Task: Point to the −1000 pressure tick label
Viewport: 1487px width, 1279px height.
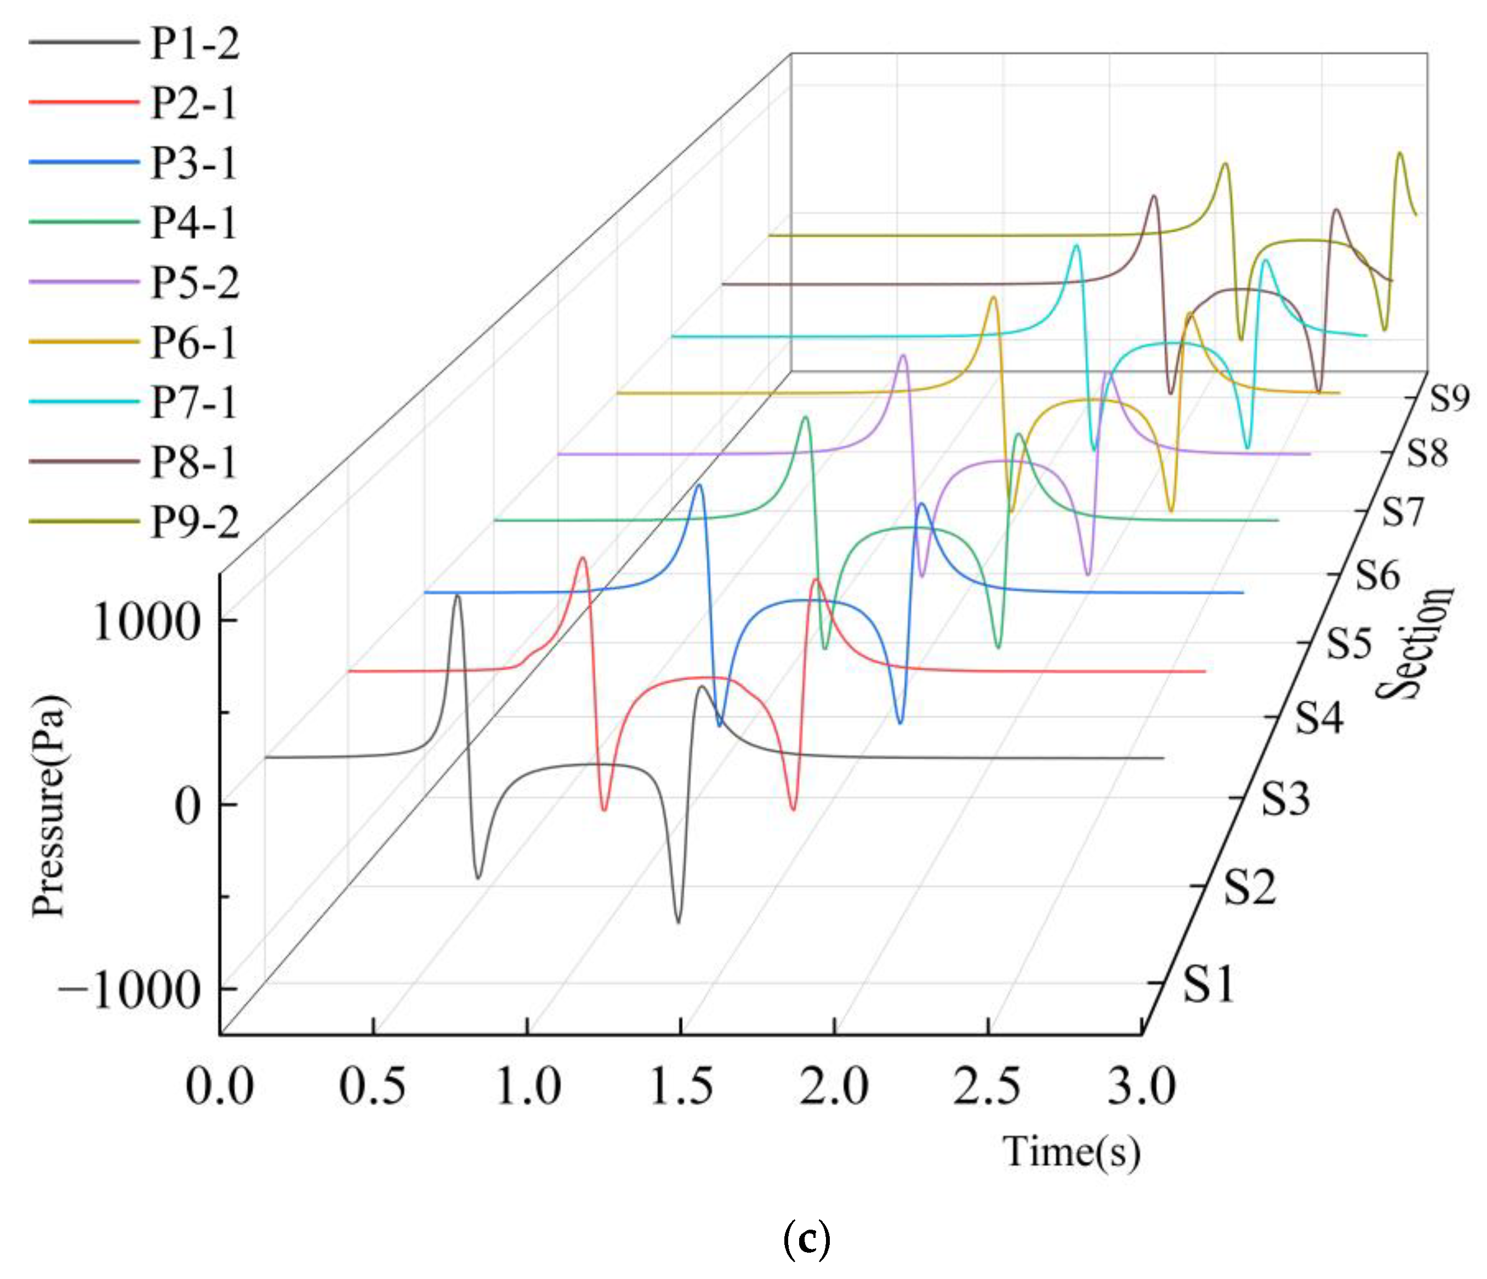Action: tap(129, 991)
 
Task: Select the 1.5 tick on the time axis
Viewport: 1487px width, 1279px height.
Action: tap(680, 1085)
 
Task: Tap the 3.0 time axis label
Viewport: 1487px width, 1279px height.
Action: tap(1142, 1085)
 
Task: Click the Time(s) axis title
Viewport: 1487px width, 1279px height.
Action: tap(1071, 1152)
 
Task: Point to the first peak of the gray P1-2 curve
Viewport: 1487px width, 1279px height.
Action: tap(457, 596)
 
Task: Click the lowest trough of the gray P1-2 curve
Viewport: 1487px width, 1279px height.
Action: tap(678, 922)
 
